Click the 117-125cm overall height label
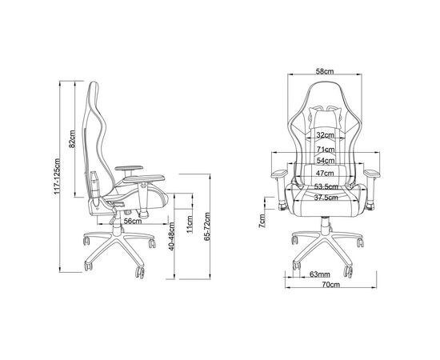click(57, 177)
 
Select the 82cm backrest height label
click(72, 138)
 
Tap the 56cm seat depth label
click(133, 221)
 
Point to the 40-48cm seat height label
click(171, 236)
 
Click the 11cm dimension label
click(190, 224)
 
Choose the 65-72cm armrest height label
click(207, 226)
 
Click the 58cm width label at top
click(325, 71)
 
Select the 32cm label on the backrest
click(326, 135)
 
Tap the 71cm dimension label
click(326, 150)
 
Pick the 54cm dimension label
click(326, 161)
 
